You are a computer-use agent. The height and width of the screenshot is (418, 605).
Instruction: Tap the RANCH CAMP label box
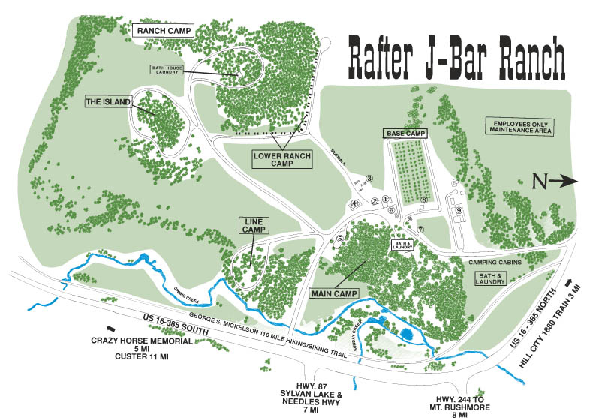(164, 30)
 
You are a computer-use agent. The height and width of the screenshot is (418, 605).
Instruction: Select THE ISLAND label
(109, 101)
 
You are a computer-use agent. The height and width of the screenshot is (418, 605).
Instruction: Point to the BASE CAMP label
(405, 133)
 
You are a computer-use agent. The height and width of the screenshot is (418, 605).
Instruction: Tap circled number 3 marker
(369, 179)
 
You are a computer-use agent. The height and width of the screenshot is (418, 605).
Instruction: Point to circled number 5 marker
(340, 238)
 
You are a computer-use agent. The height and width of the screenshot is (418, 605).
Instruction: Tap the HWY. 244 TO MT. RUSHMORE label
(454, 404)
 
